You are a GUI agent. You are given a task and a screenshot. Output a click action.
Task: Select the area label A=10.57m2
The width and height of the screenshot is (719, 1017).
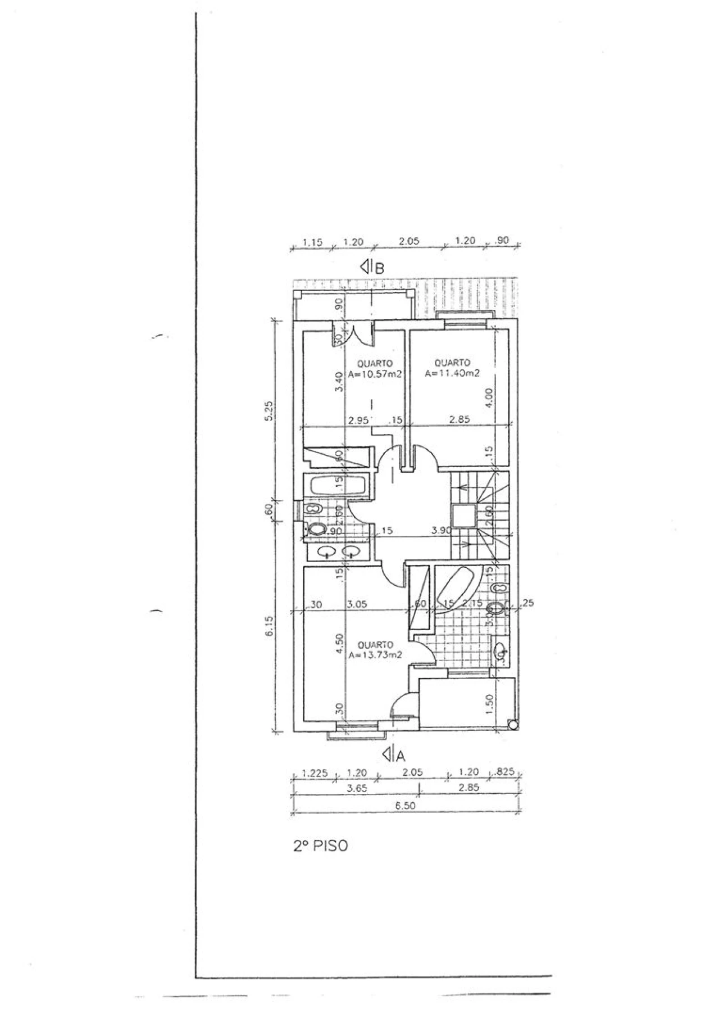pyautogui.click(x=374, y=375)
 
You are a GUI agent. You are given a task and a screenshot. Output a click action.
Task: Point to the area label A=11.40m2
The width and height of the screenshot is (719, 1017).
pyautogui.click(x=452, y=373)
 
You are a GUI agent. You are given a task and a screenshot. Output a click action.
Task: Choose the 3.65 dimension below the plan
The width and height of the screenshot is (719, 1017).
pyautogui.click(x=357, y=788)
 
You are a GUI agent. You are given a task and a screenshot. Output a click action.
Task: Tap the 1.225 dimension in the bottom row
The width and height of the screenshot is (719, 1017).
pyautogui.click(x=314, y=773)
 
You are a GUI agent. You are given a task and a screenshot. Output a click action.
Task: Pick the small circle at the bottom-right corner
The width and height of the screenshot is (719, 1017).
pyautogui.click(x=512, y=725)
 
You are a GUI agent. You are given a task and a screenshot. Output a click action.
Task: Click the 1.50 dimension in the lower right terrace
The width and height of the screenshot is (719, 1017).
pyautogui.click(x=489, y=701)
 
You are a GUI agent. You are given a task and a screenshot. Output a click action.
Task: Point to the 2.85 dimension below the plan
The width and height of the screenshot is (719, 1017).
pyautogui.click(x=468, y=788)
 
